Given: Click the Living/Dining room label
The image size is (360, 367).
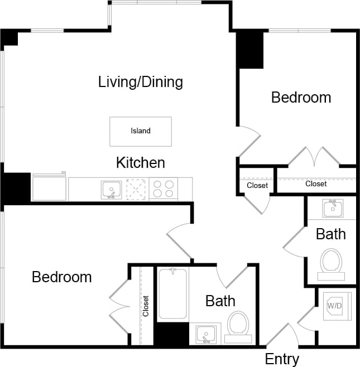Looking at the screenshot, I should click(x=141, y=83).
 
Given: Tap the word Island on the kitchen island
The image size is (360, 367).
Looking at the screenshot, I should click(x=141, y=131).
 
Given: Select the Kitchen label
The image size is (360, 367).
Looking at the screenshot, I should click(x=141, y=163).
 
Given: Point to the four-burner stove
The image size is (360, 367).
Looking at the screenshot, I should click(x=164, y=189).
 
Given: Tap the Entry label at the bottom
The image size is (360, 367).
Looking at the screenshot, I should click(x=282, y=359).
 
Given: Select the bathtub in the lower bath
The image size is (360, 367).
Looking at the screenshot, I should click(x=173, y=293).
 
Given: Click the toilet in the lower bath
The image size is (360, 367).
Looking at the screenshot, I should click(x=239, y=323).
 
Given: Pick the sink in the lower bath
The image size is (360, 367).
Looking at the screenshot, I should click(x=207, y=335).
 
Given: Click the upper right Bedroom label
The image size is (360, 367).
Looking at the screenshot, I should click(x=301, y=98).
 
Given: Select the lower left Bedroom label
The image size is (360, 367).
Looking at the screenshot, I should click(x=61, y=277).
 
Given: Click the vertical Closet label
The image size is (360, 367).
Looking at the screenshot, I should click(x=146, y=306).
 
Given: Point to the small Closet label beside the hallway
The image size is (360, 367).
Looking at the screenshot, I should click(x=257, y=185).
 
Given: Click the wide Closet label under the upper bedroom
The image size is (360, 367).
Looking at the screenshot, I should click(x=316, y=183).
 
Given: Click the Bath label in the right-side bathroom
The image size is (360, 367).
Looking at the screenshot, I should click(x=331, y=234).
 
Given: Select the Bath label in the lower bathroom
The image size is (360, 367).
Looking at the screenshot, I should click(x=220, y=301).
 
